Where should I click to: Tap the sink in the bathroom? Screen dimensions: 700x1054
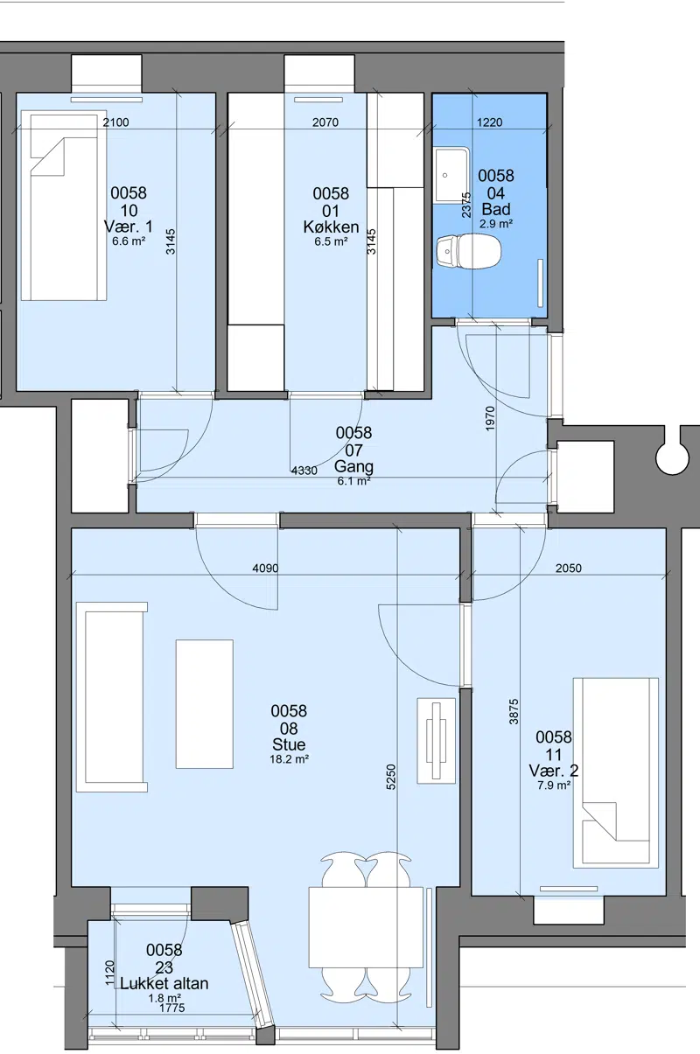click(x=451, y=175)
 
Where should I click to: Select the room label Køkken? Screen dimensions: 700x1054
click(x=331, y=227)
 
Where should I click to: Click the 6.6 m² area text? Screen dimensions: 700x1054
click(x=129, y=242)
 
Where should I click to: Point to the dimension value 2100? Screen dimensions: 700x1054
click(x=115, y=122)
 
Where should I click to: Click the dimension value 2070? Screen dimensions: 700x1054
click(x=325, y=122)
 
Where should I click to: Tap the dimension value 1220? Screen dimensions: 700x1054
click(x=490, y=122)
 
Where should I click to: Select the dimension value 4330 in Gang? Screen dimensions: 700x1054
click(x=304, y=470)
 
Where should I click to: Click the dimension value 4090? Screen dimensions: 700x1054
click(x=265, y=568)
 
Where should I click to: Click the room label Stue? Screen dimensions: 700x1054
click(x=289, y=744)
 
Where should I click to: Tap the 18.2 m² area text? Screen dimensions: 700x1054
click(x=289, y=759)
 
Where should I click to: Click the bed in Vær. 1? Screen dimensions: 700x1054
click(x=64, y=206)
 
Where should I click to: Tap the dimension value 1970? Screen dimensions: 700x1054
click(x=490, y=419)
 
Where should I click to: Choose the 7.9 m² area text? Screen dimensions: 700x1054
click(x=554, y=785)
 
